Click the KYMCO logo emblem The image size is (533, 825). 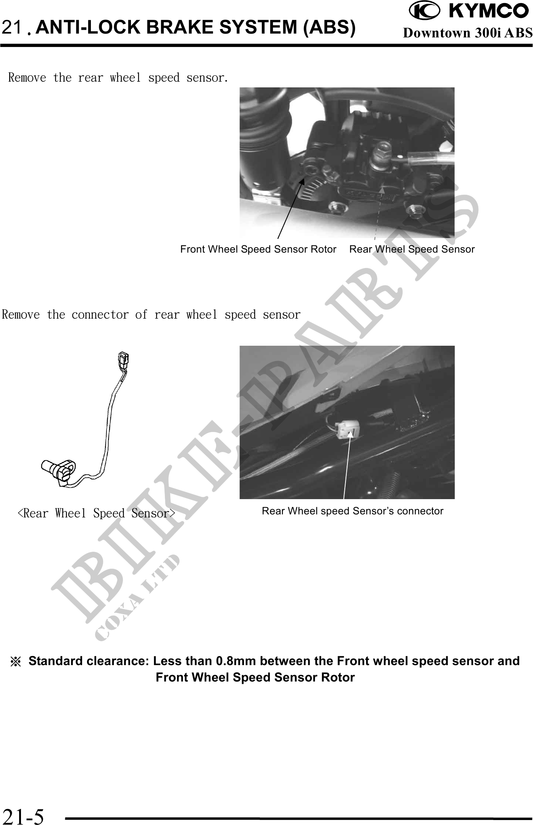pos(424,11)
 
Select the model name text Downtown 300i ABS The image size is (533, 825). pos(468,33)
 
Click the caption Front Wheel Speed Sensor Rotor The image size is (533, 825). pos(258,249)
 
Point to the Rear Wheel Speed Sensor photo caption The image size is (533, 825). pos(412,249)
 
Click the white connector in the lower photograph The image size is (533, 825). pos(345,430)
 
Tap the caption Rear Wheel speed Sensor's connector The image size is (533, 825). pos(352,511)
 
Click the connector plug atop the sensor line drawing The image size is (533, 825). pos(123,361)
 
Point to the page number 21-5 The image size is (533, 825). pos(23,815)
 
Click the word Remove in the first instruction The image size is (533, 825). pos(27,78)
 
